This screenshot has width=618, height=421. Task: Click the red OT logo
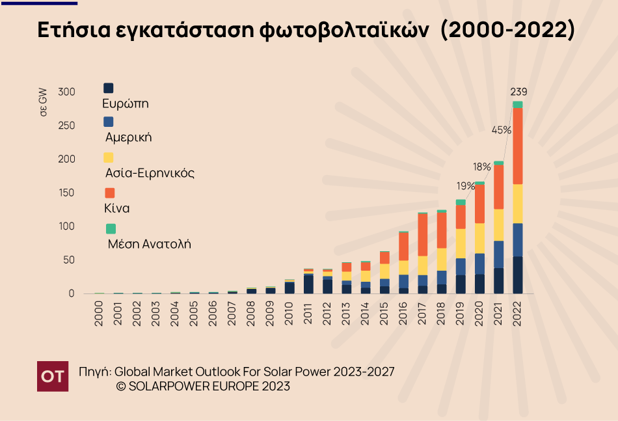tap(53, 375)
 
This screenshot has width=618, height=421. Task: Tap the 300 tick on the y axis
tap(66, 92)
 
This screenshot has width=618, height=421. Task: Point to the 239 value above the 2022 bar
tap(518, 91)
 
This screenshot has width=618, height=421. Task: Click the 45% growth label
tap(501, 129)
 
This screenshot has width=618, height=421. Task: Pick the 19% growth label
tap(465, 186)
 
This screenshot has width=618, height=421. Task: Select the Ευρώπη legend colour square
tap(109, 88)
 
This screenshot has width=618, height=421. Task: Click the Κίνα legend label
tap(117, 209)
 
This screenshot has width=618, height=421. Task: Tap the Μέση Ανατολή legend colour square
tap(111, 228)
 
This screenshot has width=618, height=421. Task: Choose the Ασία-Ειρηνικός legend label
tap(150, 173)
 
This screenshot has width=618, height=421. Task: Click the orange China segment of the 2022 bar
tap(518, 146)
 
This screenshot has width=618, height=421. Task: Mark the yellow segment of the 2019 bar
tap(461, 243)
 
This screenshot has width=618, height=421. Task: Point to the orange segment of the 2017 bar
tap(423, 234)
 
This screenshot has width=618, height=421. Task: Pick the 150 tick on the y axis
tap(66, 193)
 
